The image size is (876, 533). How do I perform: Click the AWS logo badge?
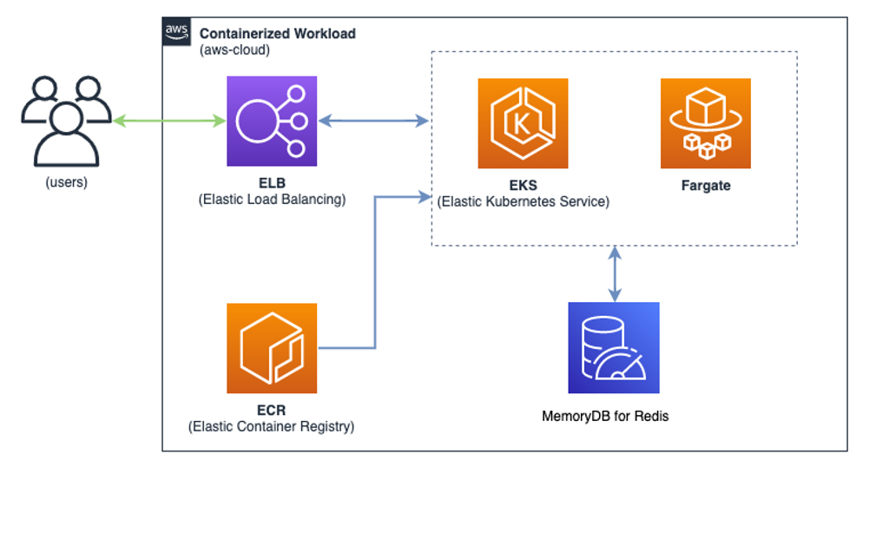click(176, 31)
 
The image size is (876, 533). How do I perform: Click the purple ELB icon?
click(272, 122)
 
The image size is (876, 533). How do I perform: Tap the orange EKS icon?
click(523, 123)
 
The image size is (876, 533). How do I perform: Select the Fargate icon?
click(706, 123)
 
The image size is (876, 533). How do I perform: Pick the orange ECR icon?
click(272, 348)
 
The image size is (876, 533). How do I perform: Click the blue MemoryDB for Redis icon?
click(614, 347)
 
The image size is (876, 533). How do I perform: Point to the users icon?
click(67, 122)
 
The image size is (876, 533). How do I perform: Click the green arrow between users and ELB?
click(169, 121)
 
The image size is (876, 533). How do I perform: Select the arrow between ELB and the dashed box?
click(373, 121)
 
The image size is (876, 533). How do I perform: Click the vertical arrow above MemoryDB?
click(615, 273)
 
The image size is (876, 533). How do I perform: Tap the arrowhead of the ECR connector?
click(425, 197)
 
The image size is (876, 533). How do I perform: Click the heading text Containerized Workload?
click(278, 34)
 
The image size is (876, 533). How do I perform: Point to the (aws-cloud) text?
click(234, 49)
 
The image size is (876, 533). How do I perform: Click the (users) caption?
click(67, 182)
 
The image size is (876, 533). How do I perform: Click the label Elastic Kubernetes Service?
click(523, 201)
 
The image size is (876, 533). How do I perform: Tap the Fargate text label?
click(706, 186)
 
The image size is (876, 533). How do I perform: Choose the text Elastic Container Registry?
click(271, 427)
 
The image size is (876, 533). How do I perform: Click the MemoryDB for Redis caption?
click(605, 416)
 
